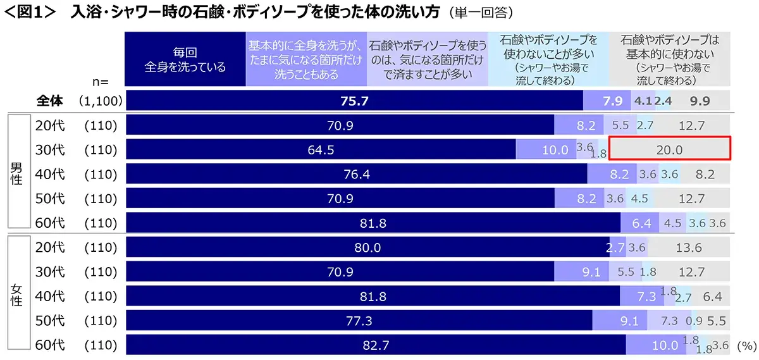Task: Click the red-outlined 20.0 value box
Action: pyautogui.click(x=669, y=150)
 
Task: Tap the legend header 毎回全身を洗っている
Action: pyautogui.click(x=185, y=59)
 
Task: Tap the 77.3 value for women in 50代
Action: pyautogui.click(x=358, y=321)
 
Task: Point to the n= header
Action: pyautogui.click(x=101, y=82)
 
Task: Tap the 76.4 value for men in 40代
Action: pyautogui.click(x=357, y=175)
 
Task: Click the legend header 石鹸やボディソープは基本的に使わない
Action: pyautogui.click(x=670, y=59)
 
